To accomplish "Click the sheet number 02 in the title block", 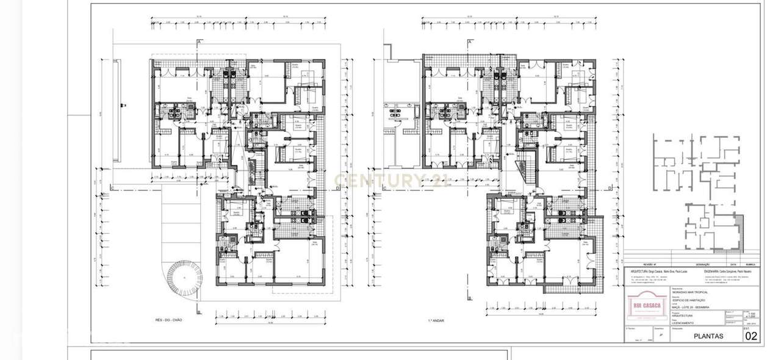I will [x=751, y=336].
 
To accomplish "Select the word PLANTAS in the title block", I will [x=708, y=336].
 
